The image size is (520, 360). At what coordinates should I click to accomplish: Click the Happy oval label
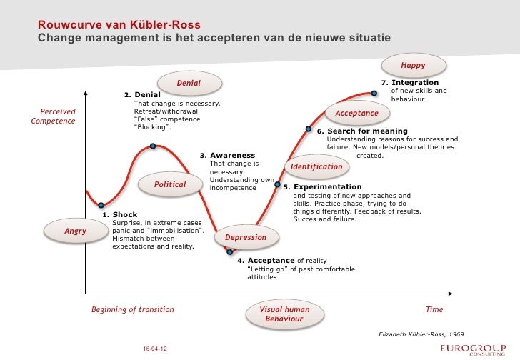pyautogui.click(x=413, y=65)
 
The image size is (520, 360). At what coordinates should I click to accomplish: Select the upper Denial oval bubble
pyautogui.click(x=189, y=84)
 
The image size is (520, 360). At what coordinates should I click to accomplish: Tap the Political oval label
pyautogui.click(x=170, y=184)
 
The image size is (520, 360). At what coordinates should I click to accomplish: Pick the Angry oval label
pyautogui.click(x=75, y=231)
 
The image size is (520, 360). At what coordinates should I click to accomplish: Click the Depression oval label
pyautogui.click(x=246, y=237)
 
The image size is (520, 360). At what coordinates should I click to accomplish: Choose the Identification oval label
pyautogui.click(x=317, y=166)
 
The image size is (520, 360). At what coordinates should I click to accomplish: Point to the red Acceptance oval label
pyautogui.click(x=356, y=113)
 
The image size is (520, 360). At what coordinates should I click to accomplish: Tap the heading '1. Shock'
pyautogui.click(x=120, y=214)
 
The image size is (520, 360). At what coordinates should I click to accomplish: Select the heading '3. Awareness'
pyautogui.click(x=226, y=155)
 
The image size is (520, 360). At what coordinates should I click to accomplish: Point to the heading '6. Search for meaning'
pyautogui.click(x=362, y=131)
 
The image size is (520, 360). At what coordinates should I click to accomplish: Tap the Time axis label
pyautogui.click(x=434, y=310)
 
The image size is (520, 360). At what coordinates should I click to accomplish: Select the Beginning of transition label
pyautogui.click(x=132, y=310)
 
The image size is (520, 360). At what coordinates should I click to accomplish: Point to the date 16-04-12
pyautogui.click(x=155, y=348)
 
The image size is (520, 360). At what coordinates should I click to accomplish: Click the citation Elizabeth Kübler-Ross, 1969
pyautogui.click(x=421, y=334)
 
